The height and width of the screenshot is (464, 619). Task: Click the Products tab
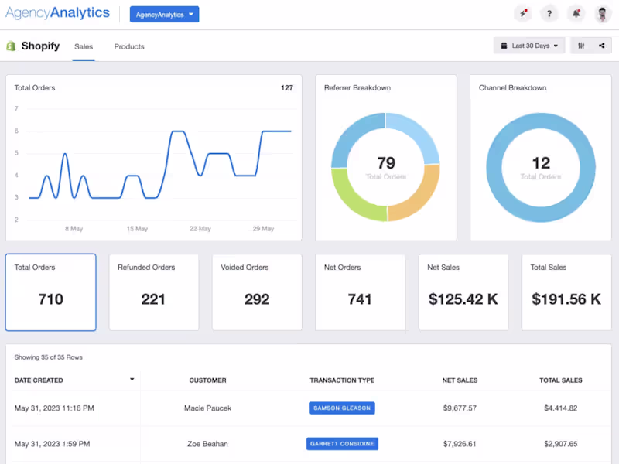pos(129,46)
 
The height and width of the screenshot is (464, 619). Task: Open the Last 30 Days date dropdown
pos(529,46)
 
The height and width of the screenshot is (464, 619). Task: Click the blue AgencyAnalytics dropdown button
pos(164,15)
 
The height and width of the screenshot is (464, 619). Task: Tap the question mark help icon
pos(549,14)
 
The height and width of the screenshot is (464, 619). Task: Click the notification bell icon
pos(576,14)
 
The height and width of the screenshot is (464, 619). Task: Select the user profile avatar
pos(603,14)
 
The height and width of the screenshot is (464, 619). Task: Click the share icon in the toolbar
pos(602,46)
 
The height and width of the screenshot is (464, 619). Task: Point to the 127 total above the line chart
pos(287,88)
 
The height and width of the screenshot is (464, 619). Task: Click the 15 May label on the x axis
pos(137,229)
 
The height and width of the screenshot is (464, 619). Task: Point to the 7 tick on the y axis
pos(16,108)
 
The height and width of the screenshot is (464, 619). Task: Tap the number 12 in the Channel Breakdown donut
pos(541,163)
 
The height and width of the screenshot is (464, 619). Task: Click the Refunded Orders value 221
pos(153,299)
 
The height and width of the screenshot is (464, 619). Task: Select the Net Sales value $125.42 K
pos(463,299)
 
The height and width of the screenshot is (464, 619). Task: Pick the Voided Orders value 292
pos(257,299)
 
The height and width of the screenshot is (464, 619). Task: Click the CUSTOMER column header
pos(207,380)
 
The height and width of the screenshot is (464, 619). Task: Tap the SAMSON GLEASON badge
pos(342,408)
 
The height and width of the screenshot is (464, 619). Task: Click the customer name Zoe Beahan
pos(207,444)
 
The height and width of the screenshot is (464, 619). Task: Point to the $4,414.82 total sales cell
pos(560,408)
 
